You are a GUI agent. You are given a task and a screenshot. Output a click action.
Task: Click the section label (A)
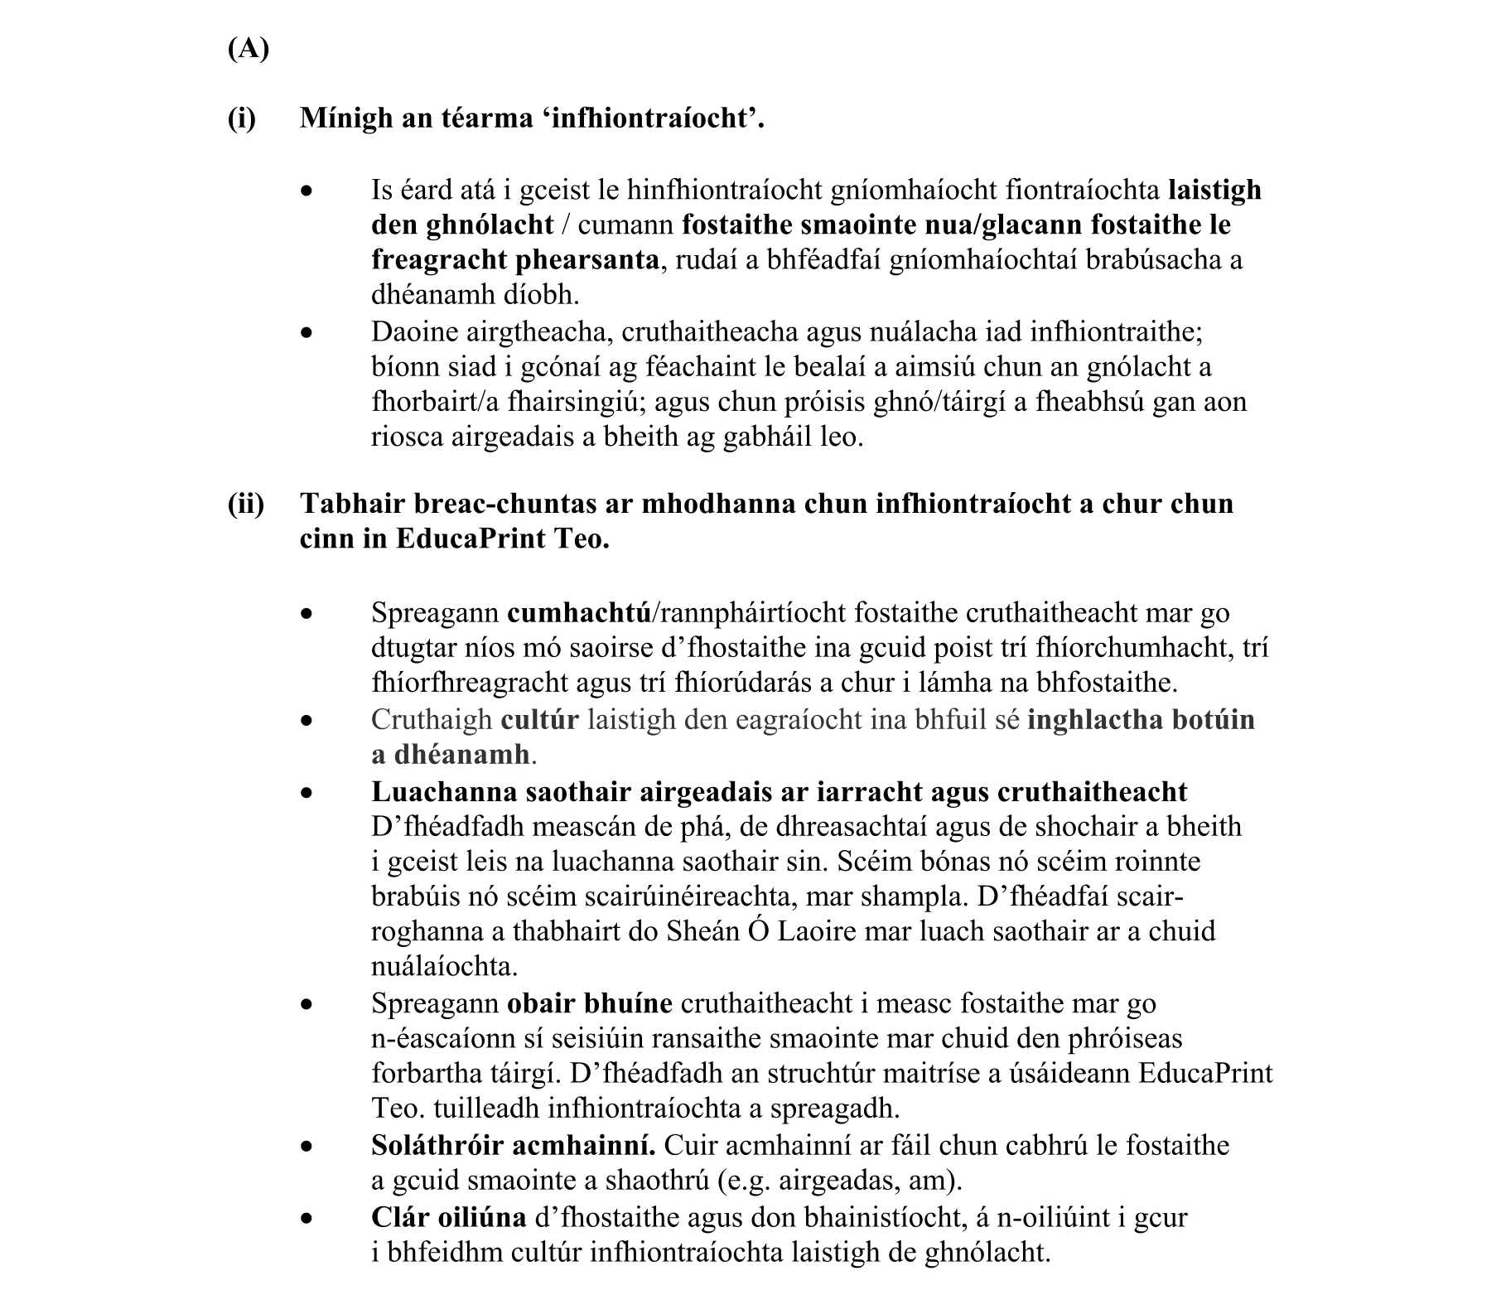point(248,50)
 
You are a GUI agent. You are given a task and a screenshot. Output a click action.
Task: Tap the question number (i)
point(242,118)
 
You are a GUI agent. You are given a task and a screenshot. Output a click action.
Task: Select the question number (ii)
point(246,504)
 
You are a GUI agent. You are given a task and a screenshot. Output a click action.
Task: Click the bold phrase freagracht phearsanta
point(514,260)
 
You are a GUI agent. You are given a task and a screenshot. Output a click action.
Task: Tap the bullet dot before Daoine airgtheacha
point(307,333)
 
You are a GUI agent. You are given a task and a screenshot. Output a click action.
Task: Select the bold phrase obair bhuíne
point(589,1003)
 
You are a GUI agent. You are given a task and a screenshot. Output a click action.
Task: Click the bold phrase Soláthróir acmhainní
point(514,1146)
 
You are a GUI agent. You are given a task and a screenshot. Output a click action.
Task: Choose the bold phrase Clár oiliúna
point(448,1217)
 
